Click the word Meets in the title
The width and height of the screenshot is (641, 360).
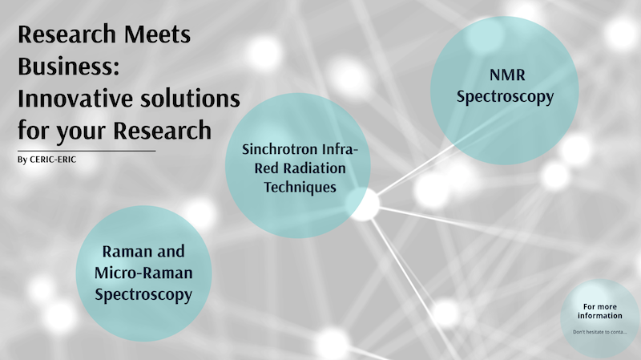(157, 34)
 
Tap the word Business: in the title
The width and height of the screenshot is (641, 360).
(69, 66)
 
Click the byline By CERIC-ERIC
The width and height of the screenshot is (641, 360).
(46, 160)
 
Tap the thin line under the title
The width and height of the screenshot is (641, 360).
(87, 151)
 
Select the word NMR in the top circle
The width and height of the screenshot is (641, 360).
(507, 75)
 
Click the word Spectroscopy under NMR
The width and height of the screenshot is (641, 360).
(506, 97)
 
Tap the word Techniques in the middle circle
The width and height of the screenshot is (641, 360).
(300, 188)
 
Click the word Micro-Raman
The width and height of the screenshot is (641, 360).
(143, 273)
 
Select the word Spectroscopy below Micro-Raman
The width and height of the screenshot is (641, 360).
(143, 295)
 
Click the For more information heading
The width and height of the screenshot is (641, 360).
(599, 311)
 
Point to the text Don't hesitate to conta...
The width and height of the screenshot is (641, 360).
(599, 332)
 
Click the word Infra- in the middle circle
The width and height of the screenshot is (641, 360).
(340, 149)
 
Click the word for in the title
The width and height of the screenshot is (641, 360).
(34, 130)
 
